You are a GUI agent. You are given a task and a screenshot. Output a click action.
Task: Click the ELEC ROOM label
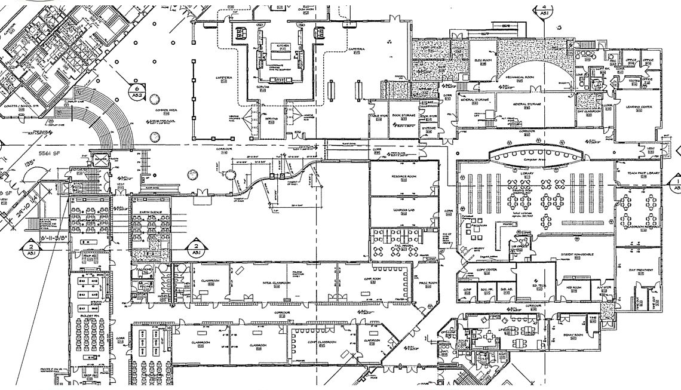click(482, 60)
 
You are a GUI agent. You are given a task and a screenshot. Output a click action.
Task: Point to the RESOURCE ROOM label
click(403, 178)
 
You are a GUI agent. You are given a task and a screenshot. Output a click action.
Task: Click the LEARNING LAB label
click(403, 210)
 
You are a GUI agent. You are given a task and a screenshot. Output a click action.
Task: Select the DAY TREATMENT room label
click(638, 271)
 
